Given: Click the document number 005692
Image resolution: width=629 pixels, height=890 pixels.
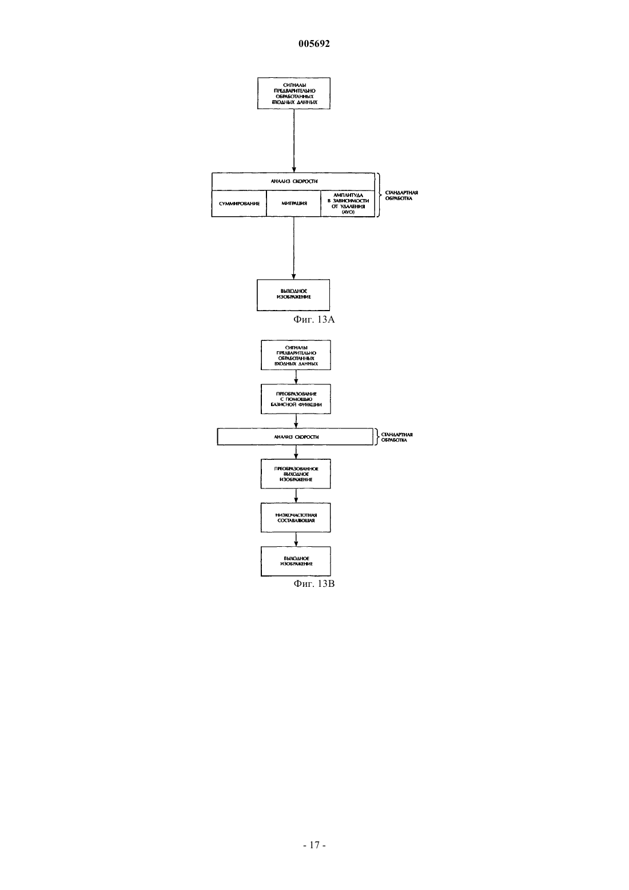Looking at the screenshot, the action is click(x=314, y=43).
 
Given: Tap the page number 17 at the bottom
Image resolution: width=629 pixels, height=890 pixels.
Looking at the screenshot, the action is click(x=314, y=845).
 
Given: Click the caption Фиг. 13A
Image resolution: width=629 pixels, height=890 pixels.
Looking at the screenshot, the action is click(x=314, y=319).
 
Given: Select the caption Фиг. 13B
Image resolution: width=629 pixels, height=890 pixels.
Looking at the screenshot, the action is click(x=314, y=583).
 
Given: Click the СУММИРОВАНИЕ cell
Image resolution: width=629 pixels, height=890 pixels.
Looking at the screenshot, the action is click(x=239, y=204).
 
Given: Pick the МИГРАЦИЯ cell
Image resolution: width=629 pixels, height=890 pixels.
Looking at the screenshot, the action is click(x=293, y=204).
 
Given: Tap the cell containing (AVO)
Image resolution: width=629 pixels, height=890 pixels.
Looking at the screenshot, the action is click(x=348, y=204).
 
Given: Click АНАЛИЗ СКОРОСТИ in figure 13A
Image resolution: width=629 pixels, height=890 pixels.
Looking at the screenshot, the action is click(x=294, y=181).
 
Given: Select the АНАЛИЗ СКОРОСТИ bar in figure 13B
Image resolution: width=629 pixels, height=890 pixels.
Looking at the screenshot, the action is click(x=295, y=436).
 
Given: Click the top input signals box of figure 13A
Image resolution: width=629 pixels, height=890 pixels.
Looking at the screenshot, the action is click(x=294, y=93).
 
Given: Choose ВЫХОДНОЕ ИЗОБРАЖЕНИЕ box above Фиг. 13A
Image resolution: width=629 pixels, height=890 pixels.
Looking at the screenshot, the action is click(x=293, y=295).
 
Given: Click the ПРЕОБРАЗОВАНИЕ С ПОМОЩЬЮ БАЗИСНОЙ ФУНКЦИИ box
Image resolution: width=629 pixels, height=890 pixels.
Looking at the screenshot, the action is click(x=296, y=399).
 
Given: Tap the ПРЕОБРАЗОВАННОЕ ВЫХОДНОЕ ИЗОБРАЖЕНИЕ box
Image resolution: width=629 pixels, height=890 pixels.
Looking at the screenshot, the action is click(x=296, y=474).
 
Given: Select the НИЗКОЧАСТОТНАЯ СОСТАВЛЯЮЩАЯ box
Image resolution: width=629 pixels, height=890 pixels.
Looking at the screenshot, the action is click(x=296, y=518).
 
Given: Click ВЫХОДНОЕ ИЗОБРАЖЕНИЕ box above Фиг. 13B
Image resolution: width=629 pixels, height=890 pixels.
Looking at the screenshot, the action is click(x=296, y=562).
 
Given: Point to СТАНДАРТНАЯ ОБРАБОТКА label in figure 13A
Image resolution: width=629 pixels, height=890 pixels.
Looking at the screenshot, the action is click(x=401, y=196).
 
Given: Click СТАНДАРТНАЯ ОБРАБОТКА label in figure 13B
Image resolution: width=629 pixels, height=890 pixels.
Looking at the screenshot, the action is click(x=397, y=437).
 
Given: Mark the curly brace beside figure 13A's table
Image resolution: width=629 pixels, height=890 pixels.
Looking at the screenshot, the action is click(x=379, y=194).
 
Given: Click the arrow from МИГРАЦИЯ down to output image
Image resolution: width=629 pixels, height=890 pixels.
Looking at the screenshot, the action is click(x=294, y=248).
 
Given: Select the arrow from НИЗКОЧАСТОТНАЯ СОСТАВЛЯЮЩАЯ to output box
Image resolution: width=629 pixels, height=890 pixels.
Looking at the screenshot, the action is click(x=296, y=539).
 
